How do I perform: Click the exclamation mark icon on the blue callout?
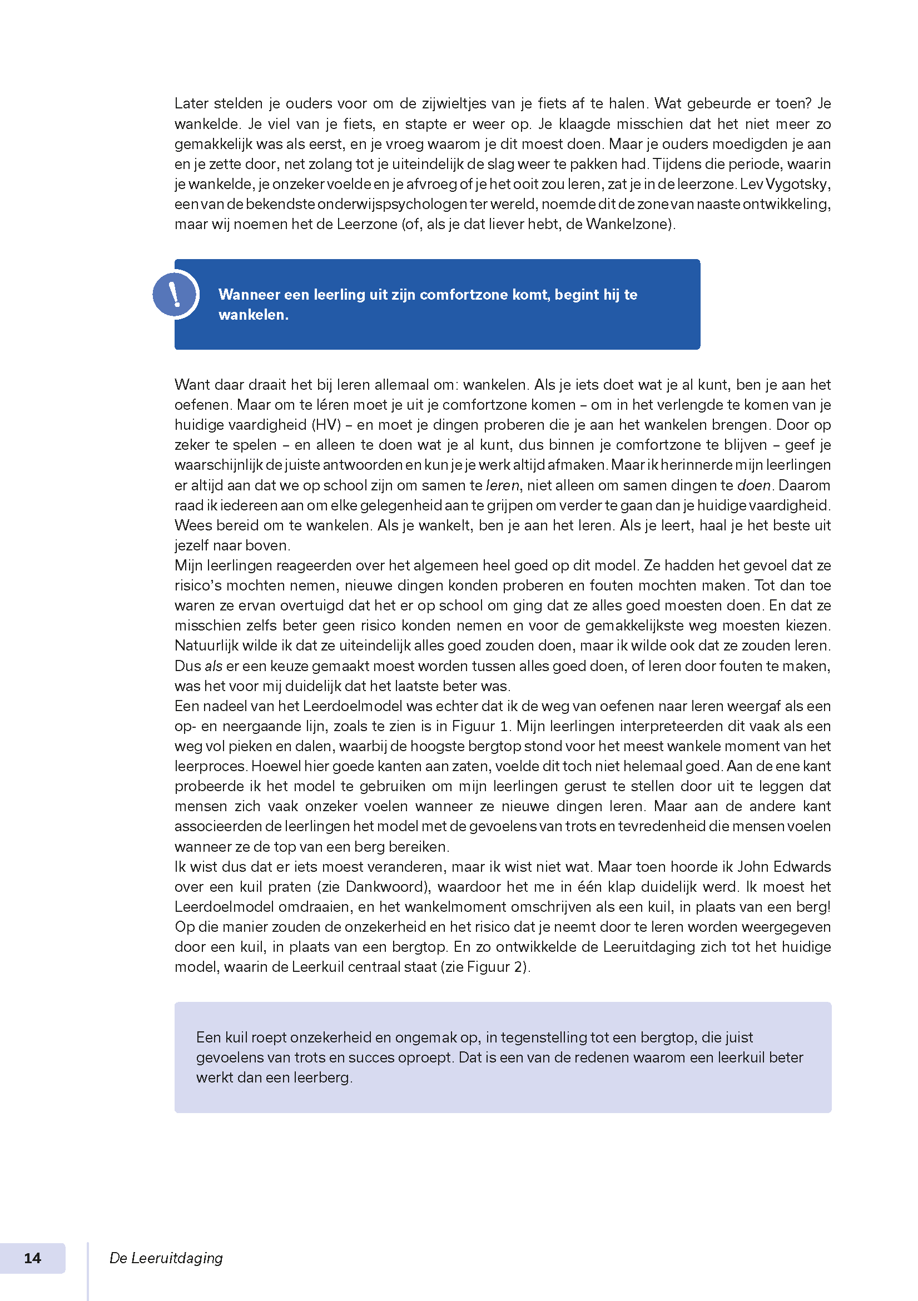click(175, 294)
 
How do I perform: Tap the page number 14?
click(32, 1258)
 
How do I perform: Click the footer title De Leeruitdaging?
click(166, 1258)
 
